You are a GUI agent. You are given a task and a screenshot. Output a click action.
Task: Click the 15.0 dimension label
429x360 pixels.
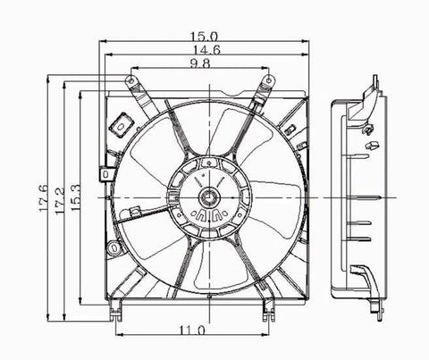204,37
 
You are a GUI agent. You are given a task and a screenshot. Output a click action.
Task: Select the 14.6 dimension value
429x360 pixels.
206,50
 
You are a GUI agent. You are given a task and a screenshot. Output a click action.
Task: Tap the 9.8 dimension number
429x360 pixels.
200,63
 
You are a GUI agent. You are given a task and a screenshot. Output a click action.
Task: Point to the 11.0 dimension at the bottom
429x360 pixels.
192,330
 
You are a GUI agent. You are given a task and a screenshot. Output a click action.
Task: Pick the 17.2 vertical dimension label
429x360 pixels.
60,200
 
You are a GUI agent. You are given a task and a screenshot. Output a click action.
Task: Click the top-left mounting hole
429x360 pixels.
130,80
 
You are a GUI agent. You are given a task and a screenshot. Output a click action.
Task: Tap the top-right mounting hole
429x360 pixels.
268,80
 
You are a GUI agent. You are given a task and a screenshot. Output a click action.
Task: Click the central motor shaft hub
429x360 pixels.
209,197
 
